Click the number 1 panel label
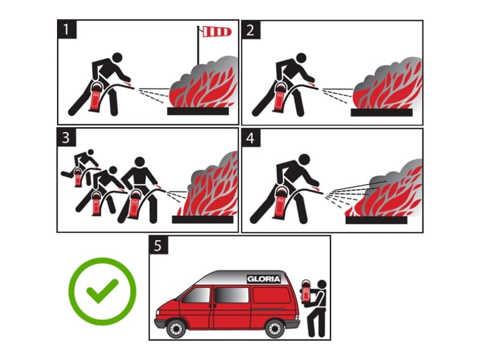(67, 29)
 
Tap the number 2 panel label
(251, 30)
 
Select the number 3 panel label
(67, 137)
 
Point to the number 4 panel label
(251, 138)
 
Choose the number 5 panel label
(158, 245)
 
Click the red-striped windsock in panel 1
(217, 32)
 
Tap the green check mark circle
(102, 291)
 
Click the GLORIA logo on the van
(263, 279)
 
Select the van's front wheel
(176, 328)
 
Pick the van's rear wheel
(274, 328)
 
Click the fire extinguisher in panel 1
(95, 96)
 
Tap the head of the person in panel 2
(301, 58)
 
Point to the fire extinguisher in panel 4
(280, 203)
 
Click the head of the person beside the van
(322, 284)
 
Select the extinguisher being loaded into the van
(306, 291)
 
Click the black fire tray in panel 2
(382, 112)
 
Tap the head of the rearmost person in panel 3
(91, 152)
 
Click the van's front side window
(196, 295)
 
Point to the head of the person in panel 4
(304, 160)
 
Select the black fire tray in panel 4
(377, 220)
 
